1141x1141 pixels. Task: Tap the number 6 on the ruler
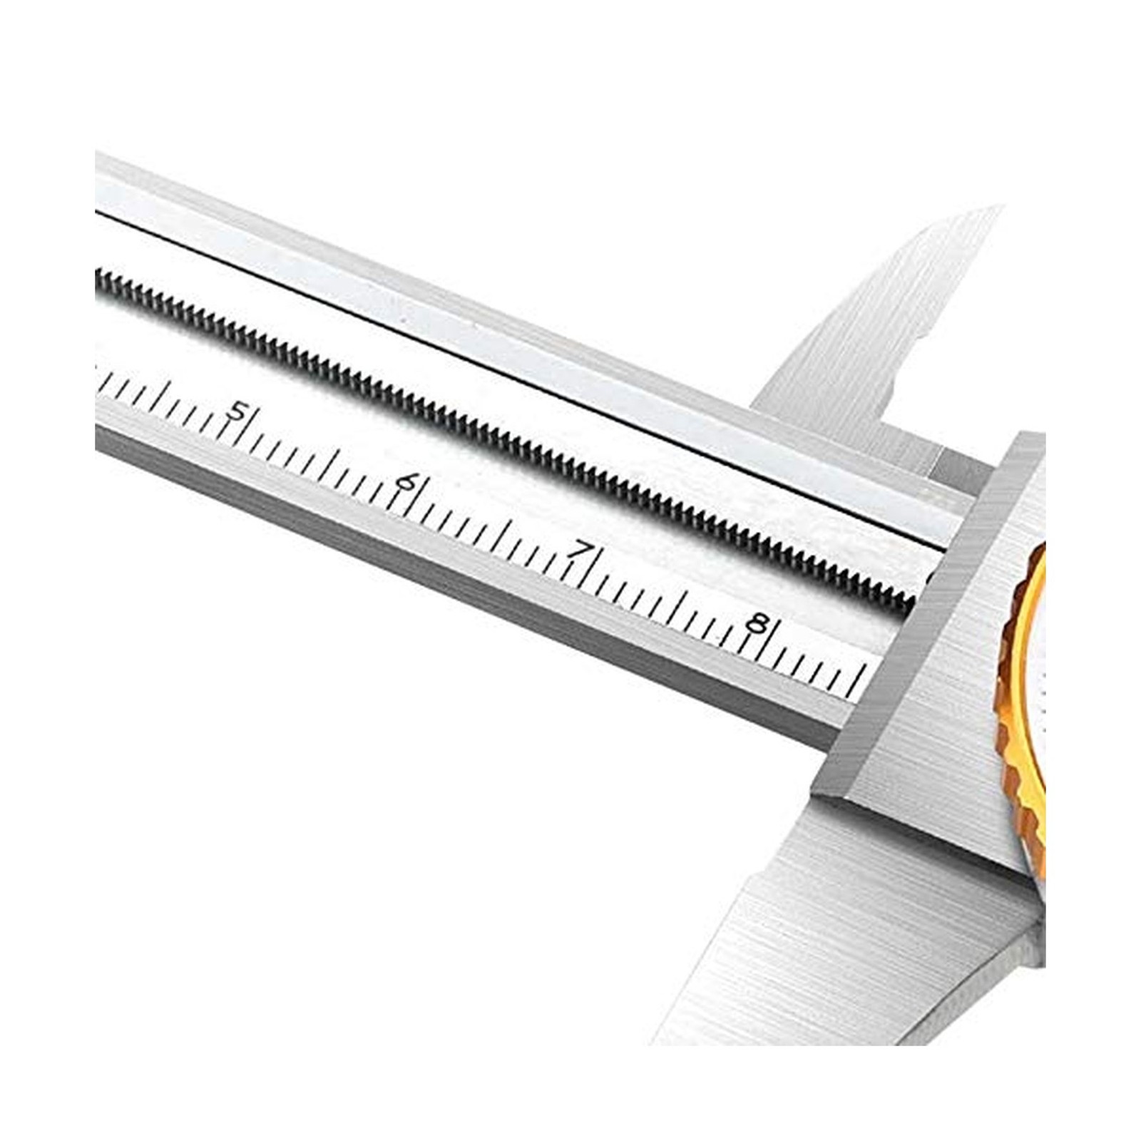pyautogui.click(x=406, y=482)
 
